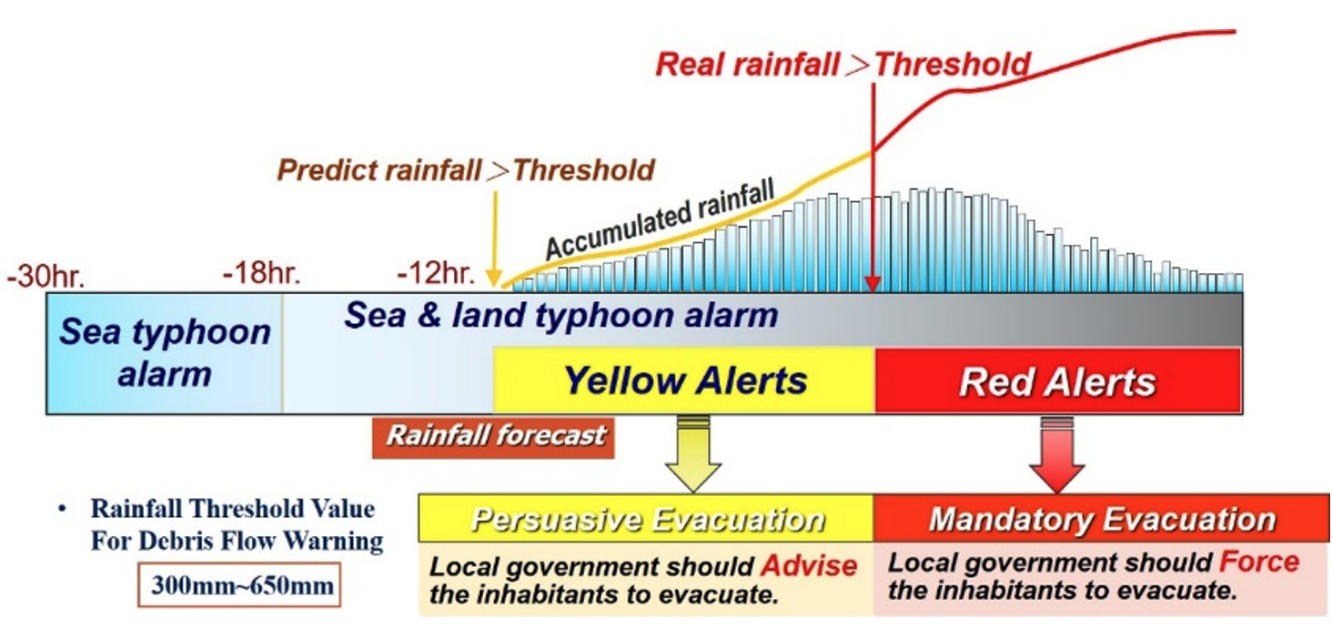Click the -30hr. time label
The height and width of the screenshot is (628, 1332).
click(45, 277)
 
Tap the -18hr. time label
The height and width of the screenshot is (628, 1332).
click(262, 272)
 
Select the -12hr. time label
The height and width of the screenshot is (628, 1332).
click(436, 273)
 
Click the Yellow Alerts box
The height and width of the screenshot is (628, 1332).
click(684, 380)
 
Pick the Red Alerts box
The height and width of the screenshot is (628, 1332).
click(1058, 380)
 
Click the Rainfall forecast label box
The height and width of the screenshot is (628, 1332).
click(493, 439)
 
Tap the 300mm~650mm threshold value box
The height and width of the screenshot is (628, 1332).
click(239, 585)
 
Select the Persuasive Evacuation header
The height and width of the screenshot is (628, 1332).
click(646, 519)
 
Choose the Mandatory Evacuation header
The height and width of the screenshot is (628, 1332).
click(1101, 519)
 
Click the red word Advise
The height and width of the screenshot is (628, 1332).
click(810, 565)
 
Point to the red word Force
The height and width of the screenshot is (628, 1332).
click(1259, 562)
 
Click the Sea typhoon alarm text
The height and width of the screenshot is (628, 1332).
click(165, 352)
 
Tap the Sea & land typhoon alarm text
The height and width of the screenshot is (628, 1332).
click(560, 315)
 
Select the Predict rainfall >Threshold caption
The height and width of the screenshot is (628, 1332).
click(466, 170)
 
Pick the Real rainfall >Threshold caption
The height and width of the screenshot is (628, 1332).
click(843, 65)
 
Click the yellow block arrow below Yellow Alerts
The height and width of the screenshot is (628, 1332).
click(693, 455)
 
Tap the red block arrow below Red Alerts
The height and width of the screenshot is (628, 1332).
click(1057, 455)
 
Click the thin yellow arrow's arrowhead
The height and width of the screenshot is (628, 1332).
click(493, 278)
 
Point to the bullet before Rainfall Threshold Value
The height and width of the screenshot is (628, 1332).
click(61, 510)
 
